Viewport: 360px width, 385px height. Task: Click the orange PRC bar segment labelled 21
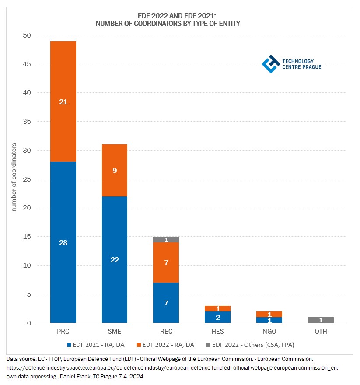(x=63, y=101)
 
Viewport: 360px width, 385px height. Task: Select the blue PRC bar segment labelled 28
(x=63, y=242)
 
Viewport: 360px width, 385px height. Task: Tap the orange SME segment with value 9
(x=115, y=171)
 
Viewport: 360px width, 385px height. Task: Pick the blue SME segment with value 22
(x=115, y=259)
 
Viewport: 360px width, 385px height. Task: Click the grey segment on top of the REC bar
(x=166, y=239)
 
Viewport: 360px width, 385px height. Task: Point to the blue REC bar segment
(x=166, y=303)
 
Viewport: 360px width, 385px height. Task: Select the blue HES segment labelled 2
(x=217, y=317)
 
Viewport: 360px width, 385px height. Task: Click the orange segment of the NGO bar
(x=269, y=314)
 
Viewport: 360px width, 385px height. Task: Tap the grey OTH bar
(x=321, y=320)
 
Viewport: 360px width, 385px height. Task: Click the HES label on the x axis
(x=217, y=332)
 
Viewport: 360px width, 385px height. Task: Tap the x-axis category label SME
(x=115, y=332)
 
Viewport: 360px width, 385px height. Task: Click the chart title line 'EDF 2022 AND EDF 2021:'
(x=168, y=16)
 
